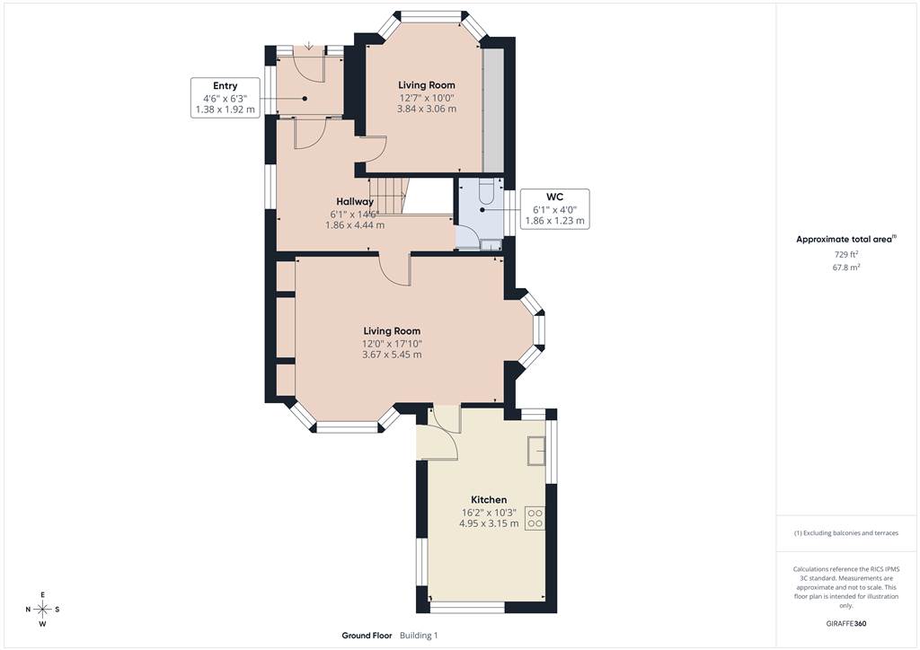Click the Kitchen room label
489,500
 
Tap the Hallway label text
355,202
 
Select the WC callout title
554,197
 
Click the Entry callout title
226,86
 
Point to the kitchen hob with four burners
535,518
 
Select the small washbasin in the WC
490,244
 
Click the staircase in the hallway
387,197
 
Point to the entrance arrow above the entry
309,46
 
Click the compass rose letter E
43,595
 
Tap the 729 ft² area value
846,254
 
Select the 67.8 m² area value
846,268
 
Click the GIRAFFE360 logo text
846,624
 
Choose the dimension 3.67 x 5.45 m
392,355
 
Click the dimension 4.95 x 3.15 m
489,523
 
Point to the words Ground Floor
367,636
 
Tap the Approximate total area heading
845,239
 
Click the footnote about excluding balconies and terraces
845,533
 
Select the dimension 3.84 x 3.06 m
427,109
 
